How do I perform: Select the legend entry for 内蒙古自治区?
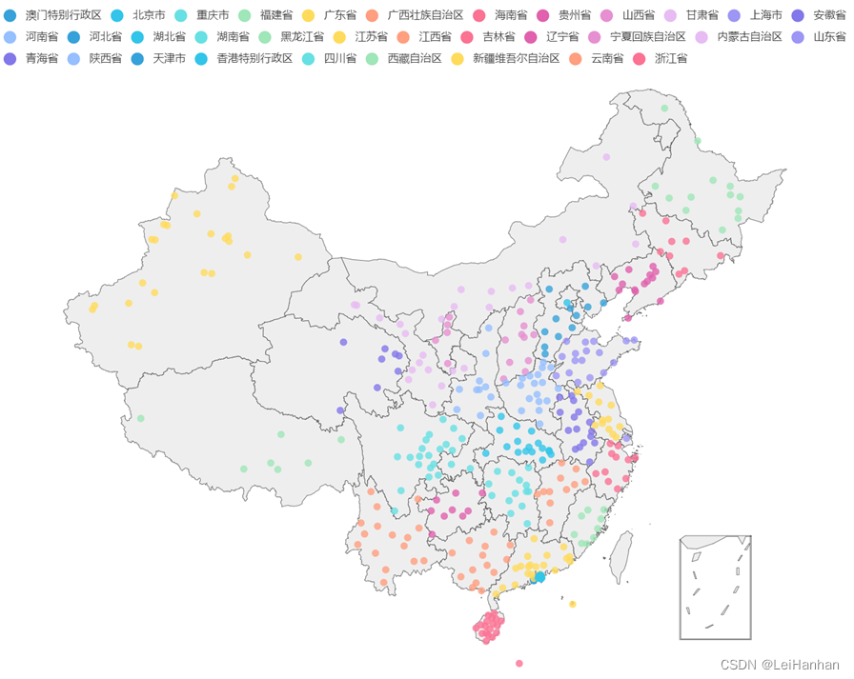(x=748, y=36)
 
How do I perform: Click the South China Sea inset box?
(x=715, y=587)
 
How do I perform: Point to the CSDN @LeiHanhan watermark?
(x=780, y=665)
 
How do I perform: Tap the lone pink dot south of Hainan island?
(x=519, y=663)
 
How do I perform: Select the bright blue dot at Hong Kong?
(x=539, y=577)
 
